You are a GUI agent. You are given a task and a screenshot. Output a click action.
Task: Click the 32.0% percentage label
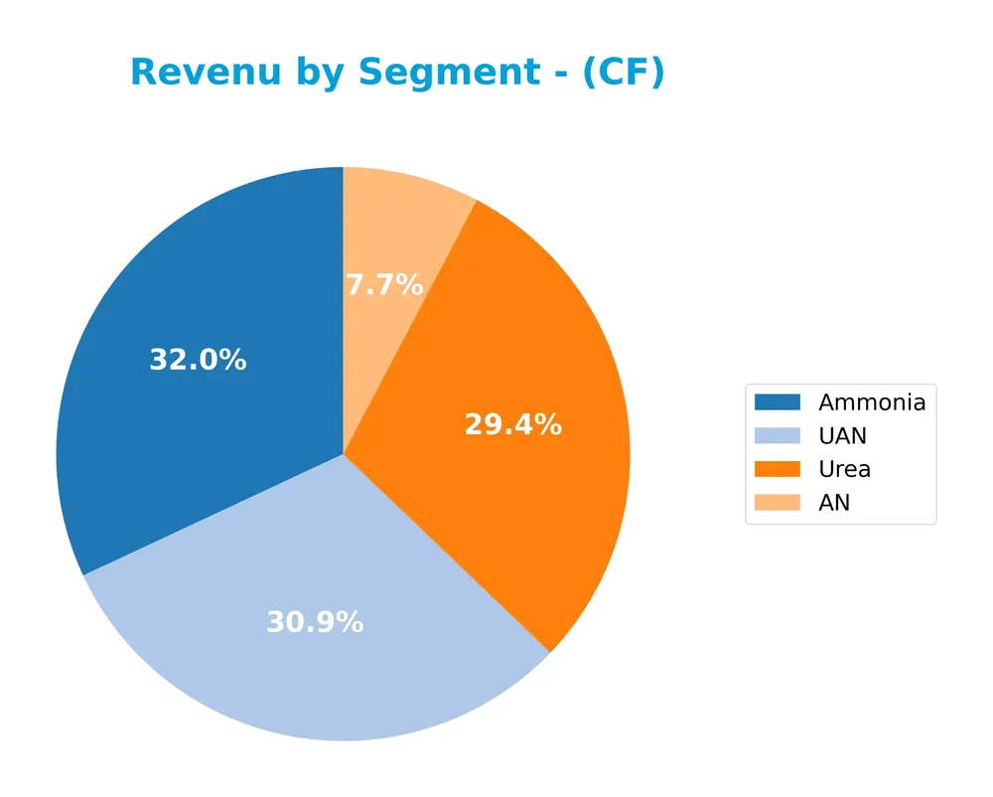[198, 360]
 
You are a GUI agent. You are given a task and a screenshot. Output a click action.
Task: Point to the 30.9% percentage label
[315, 623]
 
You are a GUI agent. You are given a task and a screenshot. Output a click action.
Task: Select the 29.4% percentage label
[512, 425]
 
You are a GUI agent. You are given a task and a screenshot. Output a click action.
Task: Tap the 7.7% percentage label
[384, 286]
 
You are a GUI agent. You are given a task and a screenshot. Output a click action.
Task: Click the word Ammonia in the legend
[872, 402]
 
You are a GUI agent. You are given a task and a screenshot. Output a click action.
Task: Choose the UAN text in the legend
[842, 436]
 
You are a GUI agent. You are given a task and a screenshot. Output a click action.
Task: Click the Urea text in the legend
[844, 469]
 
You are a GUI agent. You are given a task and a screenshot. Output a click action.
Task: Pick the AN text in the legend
[834, 503]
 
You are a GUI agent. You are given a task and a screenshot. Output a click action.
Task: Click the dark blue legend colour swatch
[777, 402]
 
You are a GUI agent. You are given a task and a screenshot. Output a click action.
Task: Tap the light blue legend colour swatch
[777, 436]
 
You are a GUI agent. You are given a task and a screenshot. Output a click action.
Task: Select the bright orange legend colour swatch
[777, 469]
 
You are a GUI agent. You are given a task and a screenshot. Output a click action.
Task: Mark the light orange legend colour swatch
[777, 503]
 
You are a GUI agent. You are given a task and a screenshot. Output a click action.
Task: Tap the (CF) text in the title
[623, 74]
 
